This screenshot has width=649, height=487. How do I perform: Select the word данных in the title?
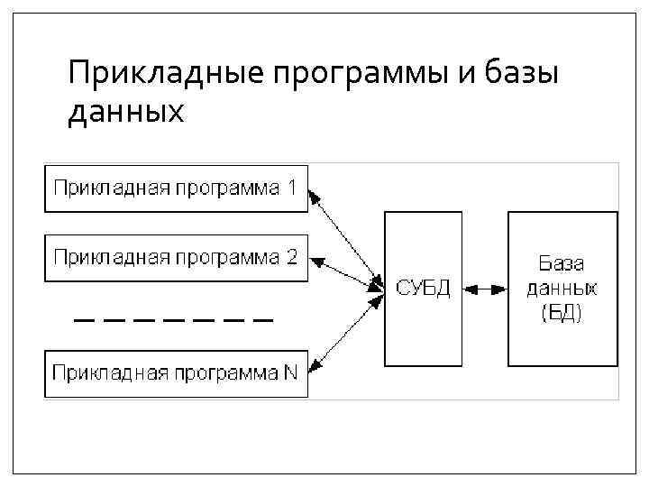125,113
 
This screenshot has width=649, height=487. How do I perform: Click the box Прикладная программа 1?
176,189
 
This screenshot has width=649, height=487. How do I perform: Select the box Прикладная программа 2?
176,257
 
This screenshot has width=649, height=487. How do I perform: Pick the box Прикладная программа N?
176,373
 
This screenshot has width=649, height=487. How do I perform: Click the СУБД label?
423,288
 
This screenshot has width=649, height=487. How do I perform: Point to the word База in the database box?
562,264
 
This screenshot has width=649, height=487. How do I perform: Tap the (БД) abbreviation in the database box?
562,313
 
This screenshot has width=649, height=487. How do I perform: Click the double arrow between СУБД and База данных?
485,289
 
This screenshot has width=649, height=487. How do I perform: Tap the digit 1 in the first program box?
291,188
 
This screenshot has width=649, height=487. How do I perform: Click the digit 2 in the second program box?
291,257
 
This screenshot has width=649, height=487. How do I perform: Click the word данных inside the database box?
562,289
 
